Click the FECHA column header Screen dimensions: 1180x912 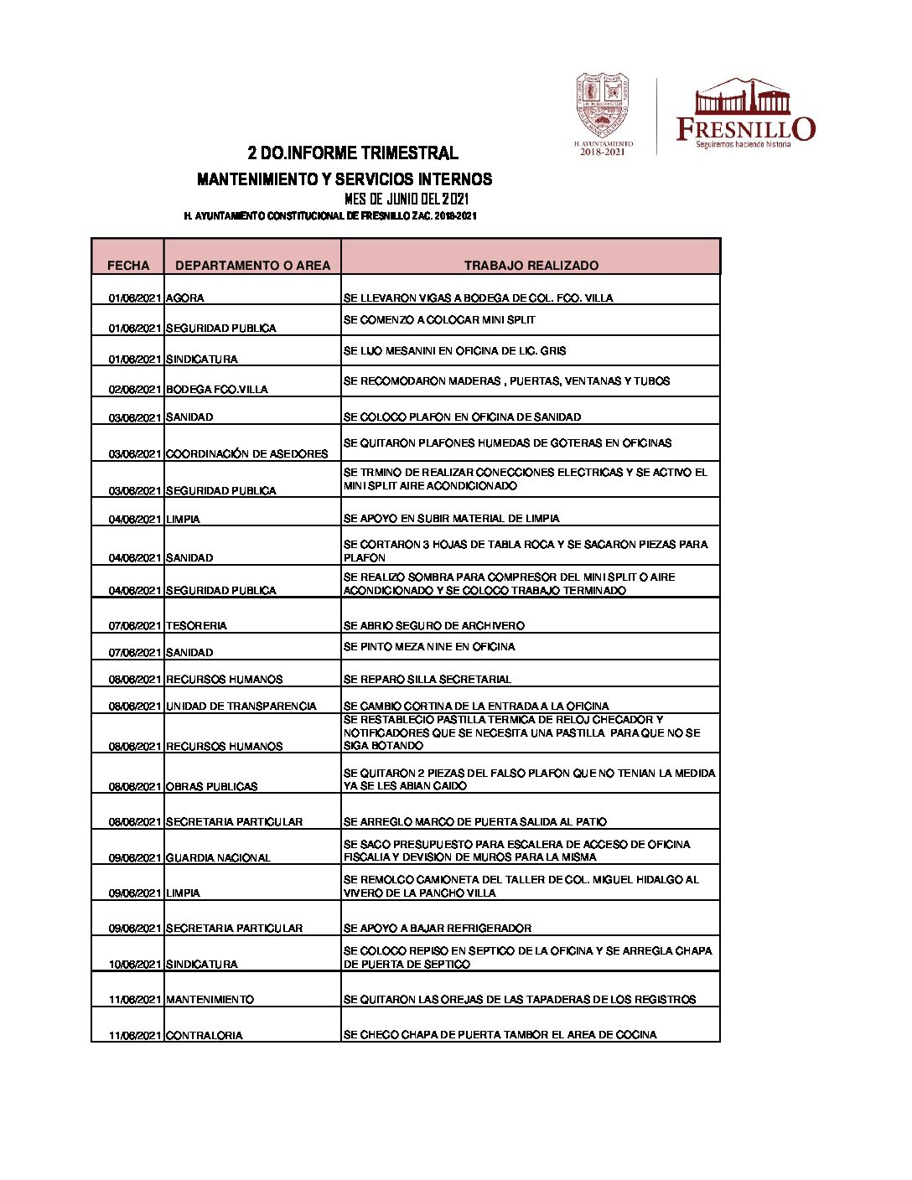pos(128,265)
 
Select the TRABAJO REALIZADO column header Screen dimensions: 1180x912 pos(531,265)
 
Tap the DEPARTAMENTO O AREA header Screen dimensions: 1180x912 pos(252,265)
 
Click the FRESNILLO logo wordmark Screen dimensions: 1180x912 pos(745,128)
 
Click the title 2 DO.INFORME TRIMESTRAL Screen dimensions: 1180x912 pos(353,153)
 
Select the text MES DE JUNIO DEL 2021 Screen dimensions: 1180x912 pos(407,199)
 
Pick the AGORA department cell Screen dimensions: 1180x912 pos(185,298)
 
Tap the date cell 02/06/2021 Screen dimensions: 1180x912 pos(134,389)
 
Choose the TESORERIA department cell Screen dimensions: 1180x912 pos(196,625)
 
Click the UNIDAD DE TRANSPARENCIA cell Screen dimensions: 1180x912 pos(241,706)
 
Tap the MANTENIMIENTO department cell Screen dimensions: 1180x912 pos(210,999)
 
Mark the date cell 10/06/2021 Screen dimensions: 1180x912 pos(134,964)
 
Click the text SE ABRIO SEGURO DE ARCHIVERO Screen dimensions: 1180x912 pos(434,625)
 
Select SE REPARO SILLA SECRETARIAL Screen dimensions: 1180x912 pos(427,679)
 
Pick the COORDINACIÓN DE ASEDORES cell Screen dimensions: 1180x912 pos(247,453)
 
